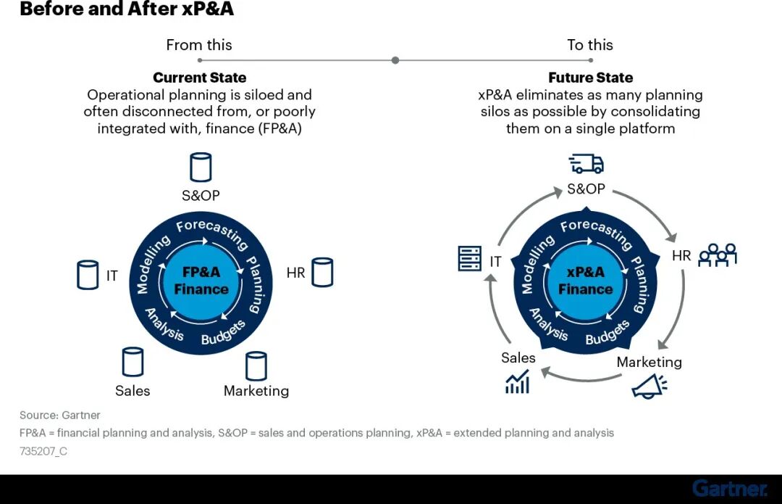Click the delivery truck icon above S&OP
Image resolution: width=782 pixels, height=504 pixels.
pyautogui.click(x=586, y=164)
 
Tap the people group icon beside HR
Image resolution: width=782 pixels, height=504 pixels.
pyautogui.click(x=717, y=255)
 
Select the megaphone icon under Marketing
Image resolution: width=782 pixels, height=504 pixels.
pyautogui.click(x=649, y=387)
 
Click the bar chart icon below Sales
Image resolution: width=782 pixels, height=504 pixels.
pyautogui.click(x=517, y=381)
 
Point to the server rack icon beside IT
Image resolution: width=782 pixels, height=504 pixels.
pyautogui.click(x=470, y=258)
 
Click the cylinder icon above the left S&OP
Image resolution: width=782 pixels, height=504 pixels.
pyautogui.click(x=201, y=167)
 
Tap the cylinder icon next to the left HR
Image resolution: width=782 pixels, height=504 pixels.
pyautogui.click(x=322, y=272)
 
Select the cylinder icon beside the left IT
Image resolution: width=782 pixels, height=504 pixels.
pyautogui.click(x=88, y=276)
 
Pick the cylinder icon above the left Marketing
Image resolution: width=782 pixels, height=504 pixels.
pyautogui.click(x=256, y=366)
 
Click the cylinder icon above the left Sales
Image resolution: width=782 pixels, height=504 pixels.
pyautogui.click(x=133, y=362)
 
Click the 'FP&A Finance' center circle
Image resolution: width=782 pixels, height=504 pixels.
pyautogui.click(x=201, y=281)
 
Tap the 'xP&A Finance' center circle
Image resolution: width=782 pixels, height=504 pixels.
pyautogui.click(x=585, y=281)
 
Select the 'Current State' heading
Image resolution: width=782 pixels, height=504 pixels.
pyautogui.click(x=200, y=78)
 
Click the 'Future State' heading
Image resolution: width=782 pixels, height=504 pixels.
pyautogui.click(x=590, y=78)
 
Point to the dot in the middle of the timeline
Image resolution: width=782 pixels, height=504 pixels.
pyautogui.click(x=395, y=60)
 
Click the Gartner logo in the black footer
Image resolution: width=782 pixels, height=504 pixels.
pyautogui.click(x=729, y=489)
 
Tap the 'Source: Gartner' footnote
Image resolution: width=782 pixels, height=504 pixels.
pyautogui.click(x=60, y=416)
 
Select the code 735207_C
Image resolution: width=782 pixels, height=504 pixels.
pyautogui.click(x=43, y=450)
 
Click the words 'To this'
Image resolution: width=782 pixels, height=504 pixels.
pyautogui.click(x=590, y=45)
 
